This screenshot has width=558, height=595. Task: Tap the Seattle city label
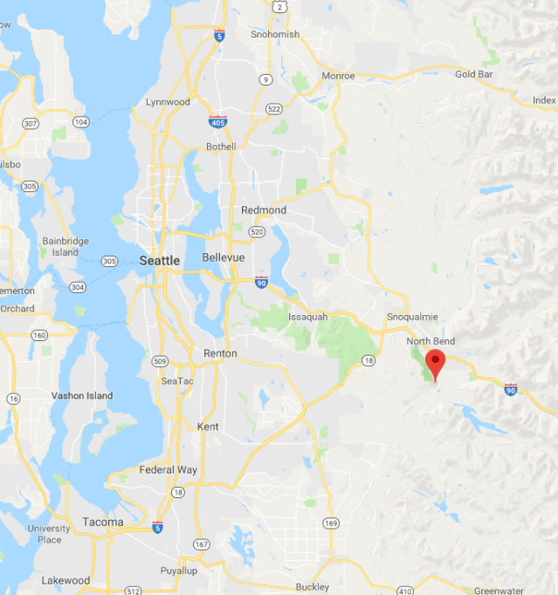[x=160, y=260]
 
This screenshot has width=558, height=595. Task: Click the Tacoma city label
[x=102, y=522]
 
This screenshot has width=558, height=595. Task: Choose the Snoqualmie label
[x=411, y=317]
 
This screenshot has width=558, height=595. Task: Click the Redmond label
[x=264, y=210]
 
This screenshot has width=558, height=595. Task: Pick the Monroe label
[x=338, y=76]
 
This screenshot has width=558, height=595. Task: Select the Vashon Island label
[x=82, y=395]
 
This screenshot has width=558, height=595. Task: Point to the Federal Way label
[x=169, y=469]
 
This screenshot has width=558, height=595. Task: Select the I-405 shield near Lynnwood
[x=217, y=122]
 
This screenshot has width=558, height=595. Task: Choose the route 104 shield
[x=80, y=122]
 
